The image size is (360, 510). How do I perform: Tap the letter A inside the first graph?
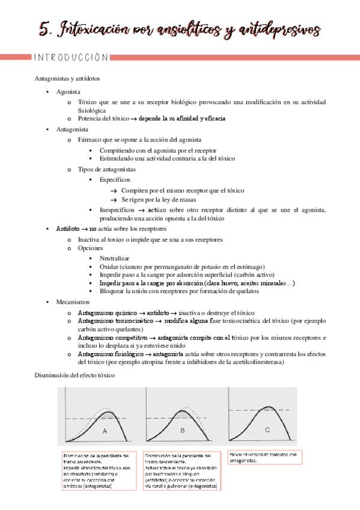coord(105,431)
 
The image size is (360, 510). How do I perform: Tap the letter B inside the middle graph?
coord(182,430)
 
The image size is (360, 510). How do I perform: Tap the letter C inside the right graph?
coord(267,429)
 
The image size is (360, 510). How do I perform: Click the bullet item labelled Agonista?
coord(68,92)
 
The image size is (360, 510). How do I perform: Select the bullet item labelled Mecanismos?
coord(72,302)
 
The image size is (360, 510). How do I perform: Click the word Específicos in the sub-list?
coord(115,179)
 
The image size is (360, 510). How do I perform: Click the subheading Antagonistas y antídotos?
coord(67,79)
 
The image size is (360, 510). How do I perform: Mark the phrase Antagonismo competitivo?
coord(112,338)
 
